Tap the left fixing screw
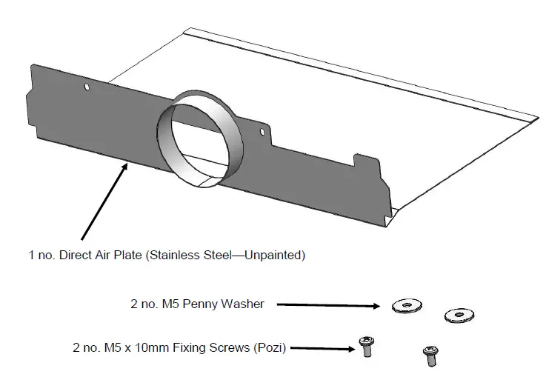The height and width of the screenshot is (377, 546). (365, 346)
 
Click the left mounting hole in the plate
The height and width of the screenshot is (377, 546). (87, 87)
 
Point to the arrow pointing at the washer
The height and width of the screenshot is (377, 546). (326, 304)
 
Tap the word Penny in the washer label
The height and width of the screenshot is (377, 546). (202, 304)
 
